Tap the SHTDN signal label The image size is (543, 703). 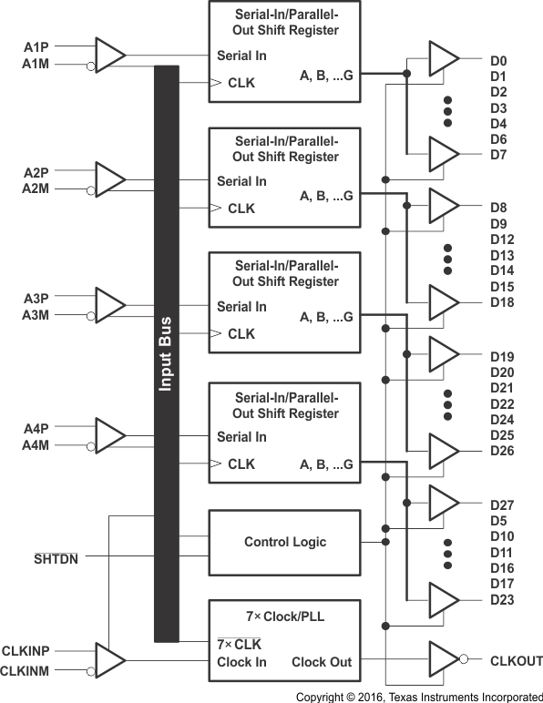coord(56,558)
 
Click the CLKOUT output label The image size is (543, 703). coord(516,660)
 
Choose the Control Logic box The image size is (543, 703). coord(284,542)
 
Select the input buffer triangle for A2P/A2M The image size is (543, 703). coord(110,179)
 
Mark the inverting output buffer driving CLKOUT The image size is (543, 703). coord(446,660)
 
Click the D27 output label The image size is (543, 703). coord(502,504)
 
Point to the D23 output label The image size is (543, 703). coord(502,599)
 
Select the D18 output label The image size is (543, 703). coord(502,301)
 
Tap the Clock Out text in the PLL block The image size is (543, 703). coord(321,661)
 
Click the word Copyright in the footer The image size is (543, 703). coord(324,696)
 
